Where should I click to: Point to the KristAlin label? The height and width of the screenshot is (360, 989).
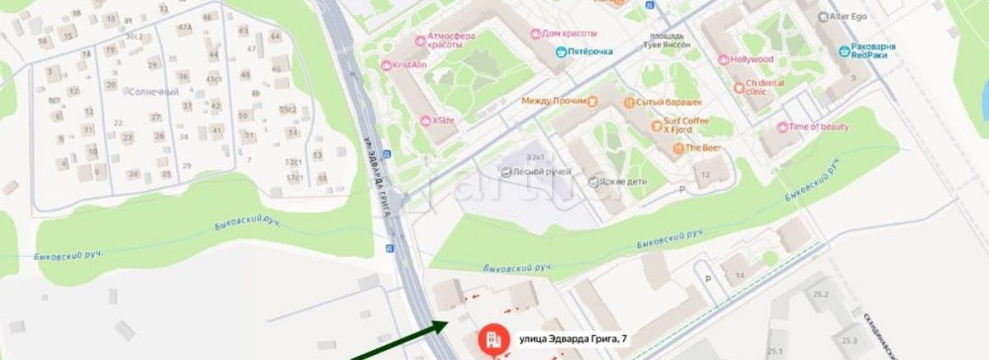tap(408, 65)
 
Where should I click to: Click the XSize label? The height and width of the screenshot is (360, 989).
tap(442, 121)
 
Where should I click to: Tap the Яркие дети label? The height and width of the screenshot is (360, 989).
tap(610, 182)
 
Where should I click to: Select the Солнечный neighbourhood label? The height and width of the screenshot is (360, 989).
tap(154, 92)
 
